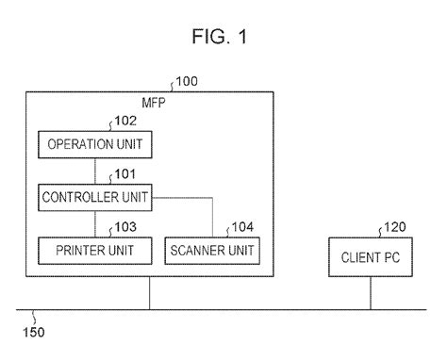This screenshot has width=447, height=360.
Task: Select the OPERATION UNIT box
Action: (94, 144)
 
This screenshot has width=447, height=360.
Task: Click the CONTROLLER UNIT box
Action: (94, 197)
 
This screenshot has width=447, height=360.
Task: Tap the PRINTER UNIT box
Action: (94, 251)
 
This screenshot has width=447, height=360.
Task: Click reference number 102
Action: (126, 121)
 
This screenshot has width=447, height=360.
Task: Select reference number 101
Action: (126, 173)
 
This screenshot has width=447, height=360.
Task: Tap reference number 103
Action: (126, 227)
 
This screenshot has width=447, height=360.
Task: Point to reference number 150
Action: (33, 331)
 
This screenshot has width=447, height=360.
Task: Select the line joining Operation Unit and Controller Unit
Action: (94, 171)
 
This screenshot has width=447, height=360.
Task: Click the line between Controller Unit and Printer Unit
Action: (94, 224)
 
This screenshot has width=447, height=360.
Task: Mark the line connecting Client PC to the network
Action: (370, 293)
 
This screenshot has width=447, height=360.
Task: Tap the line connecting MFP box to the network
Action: (149, 293)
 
